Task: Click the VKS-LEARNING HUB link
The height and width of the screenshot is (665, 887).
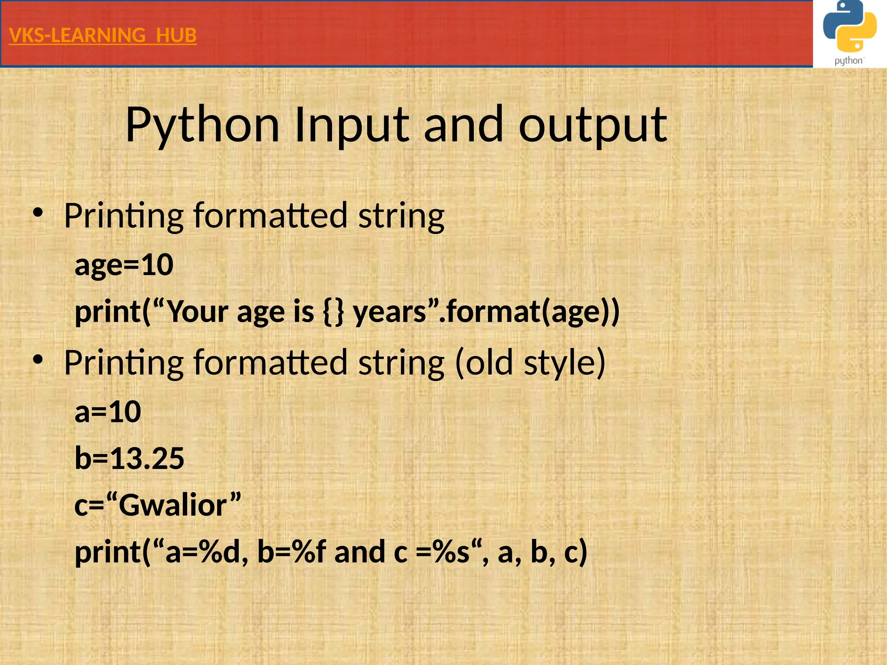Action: coord(103,36)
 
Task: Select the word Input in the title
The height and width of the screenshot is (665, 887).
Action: coord(351,126)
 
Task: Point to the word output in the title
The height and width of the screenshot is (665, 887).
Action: coord(593,126)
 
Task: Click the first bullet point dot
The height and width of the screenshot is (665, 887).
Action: coord(38,213)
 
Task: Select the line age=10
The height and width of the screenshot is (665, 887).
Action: coord(124,265)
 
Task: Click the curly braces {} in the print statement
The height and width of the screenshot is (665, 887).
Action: coord(333,312)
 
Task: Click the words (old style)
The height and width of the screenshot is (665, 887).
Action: coord(530,362)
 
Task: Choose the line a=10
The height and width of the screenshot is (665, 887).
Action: coord(108,411)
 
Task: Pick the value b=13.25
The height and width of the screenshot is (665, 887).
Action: coord(129,458)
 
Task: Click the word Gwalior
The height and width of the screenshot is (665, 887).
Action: coord(173,505)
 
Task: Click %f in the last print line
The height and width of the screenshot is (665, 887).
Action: coord(309,552)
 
